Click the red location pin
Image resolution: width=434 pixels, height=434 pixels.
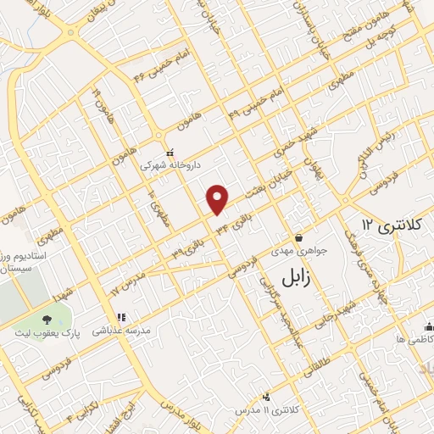coord(219,198)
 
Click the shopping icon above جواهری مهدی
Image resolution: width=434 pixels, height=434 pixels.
coord(298,237)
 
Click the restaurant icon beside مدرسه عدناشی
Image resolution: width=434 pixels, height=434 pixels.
coord(120,317)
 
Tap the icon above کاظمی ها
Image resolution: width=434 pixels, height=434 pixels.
coord(428,325)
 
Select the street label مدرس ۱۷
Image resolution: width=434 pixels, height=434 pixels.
coord(128,282)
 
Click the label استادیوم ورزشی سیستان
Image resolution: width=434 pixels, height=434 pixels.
coord(24,260)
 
